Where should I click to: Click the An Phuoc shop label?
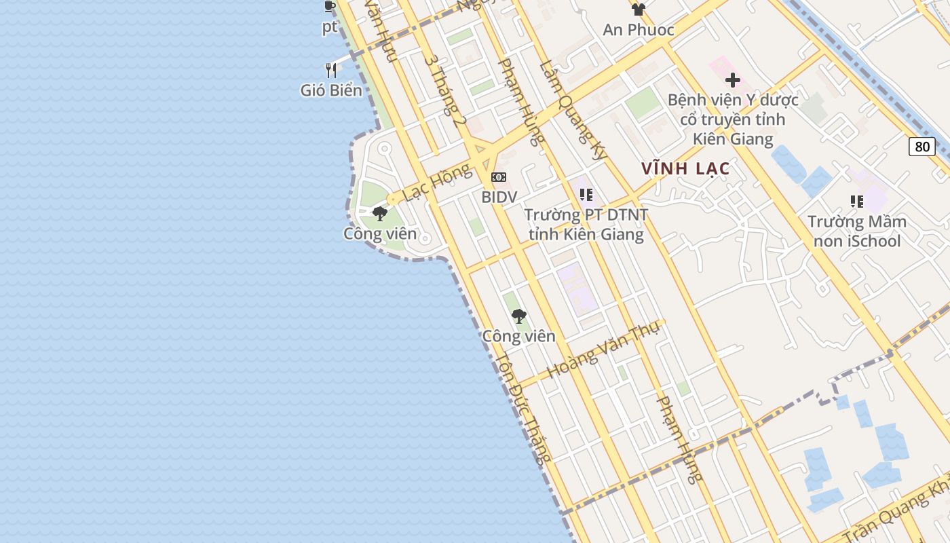(639, 30)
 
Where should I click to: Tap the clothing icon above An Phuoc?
(638, 10)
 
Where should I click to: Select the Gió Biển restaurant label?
(331, 90)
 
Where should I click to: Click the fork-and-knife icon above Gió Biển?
(331, 70)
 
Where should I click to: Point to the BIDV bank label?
(499, 197)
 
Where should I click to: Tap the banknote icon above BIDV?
(499, 177)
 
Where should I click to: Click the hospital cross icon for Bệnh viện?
(732, 80)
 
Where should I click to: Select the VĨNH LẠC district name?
(685, 169)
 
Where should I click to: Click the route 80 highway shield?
(922, 147)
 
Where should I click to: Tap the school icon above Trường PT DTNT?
(586, 195)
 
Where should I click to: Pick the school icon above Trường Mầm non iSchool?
(857, 202)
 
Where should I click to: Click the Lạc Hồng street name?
(436, 183)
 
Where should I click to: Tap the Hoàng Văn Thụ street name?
(593, 351)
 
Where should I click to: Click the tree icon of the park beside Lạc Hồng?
(380, 214)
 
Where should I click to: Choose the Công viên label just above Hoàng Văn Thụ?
(518, 336)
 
